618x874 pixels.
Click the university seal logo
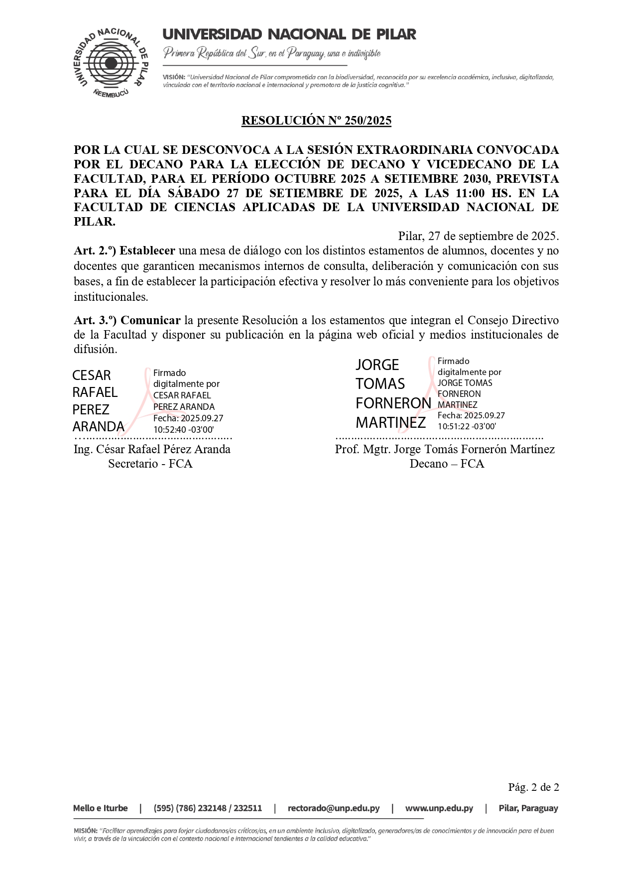pos(111,63)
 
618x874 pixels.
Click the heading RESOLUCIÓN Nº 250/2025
pos(316,121)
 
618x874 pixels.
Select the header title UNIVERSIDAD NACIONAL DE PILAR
pos(289,34)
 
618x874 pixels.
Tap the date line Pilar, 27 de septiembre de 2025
pos(478,236)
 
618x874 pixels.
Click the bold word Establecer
pos(147,251)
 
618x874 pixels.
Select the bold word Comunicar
pos(150,320)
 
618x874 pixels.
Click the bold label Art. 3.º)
pos(95,320)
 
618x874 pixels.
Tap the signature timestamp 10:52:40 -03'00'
pos(183,430)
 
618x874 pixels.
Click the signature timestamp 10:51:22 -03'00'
pos(467,426)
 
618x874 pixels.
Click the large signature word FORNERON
pos(393,403)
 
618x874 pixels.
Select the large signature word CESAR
pos(92,375)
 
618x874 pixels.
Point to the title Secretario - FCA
pos(150,464)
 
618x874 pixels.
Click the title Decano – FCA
pos(447,464)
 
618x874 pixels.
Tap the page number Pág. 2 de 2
pos(533,787)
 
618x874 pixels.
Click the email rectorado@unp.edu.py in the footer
pos(334,808)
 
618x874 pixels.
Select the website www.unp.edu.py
pos(439,808)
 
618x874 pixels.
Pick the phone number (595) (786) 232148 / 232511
pos(208,808)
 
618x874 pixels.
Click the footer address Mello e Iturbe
pos(101,808)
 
